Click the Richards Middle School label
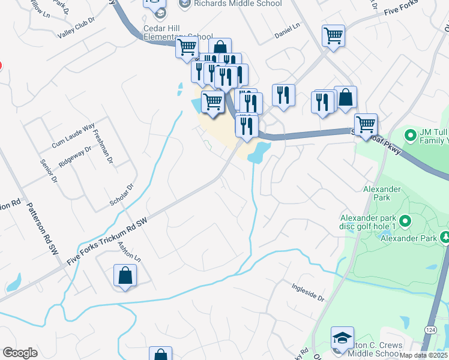[238, 4]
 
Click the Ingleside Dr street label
[309, 290]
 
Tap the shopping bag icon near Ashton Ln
[125, 276]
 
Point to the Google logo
[20, 353]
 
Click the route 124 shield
[430, 330]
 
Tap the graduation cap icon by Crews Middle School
[342, 339]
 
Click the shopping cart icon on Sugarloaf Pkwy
[366, 125]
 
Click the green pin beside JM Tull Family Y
[411, 135]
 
